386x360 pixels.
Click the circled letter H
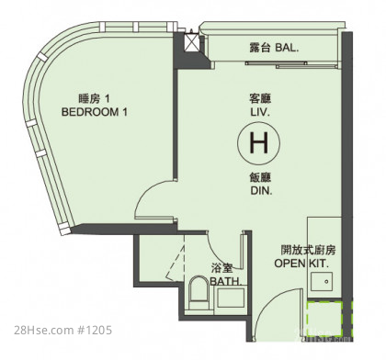(259, 142)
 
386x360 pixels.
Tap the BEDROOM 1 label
(95, 112)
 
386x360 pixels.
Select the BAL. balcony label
(287, 48)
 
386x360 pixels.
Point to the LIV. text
(260, 112)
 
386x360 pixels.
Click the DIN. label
(261, 191)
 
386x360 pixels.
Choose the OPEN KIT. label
(301, 264)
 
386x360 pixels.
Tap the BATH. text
(226, 281)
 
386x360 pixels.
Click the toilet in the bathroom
(199, 293)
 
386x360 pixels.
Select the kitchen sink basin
(322, 281)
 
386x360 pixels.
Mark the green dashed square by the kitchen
(324, 319)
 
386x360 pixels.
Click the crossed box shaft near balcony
(190, 42)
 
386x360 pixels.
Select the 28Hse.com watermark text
(43, 331)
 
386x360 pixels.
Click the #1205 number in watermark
(95, 331)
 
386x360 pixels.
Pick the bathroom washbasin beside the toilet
(231, 298)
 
